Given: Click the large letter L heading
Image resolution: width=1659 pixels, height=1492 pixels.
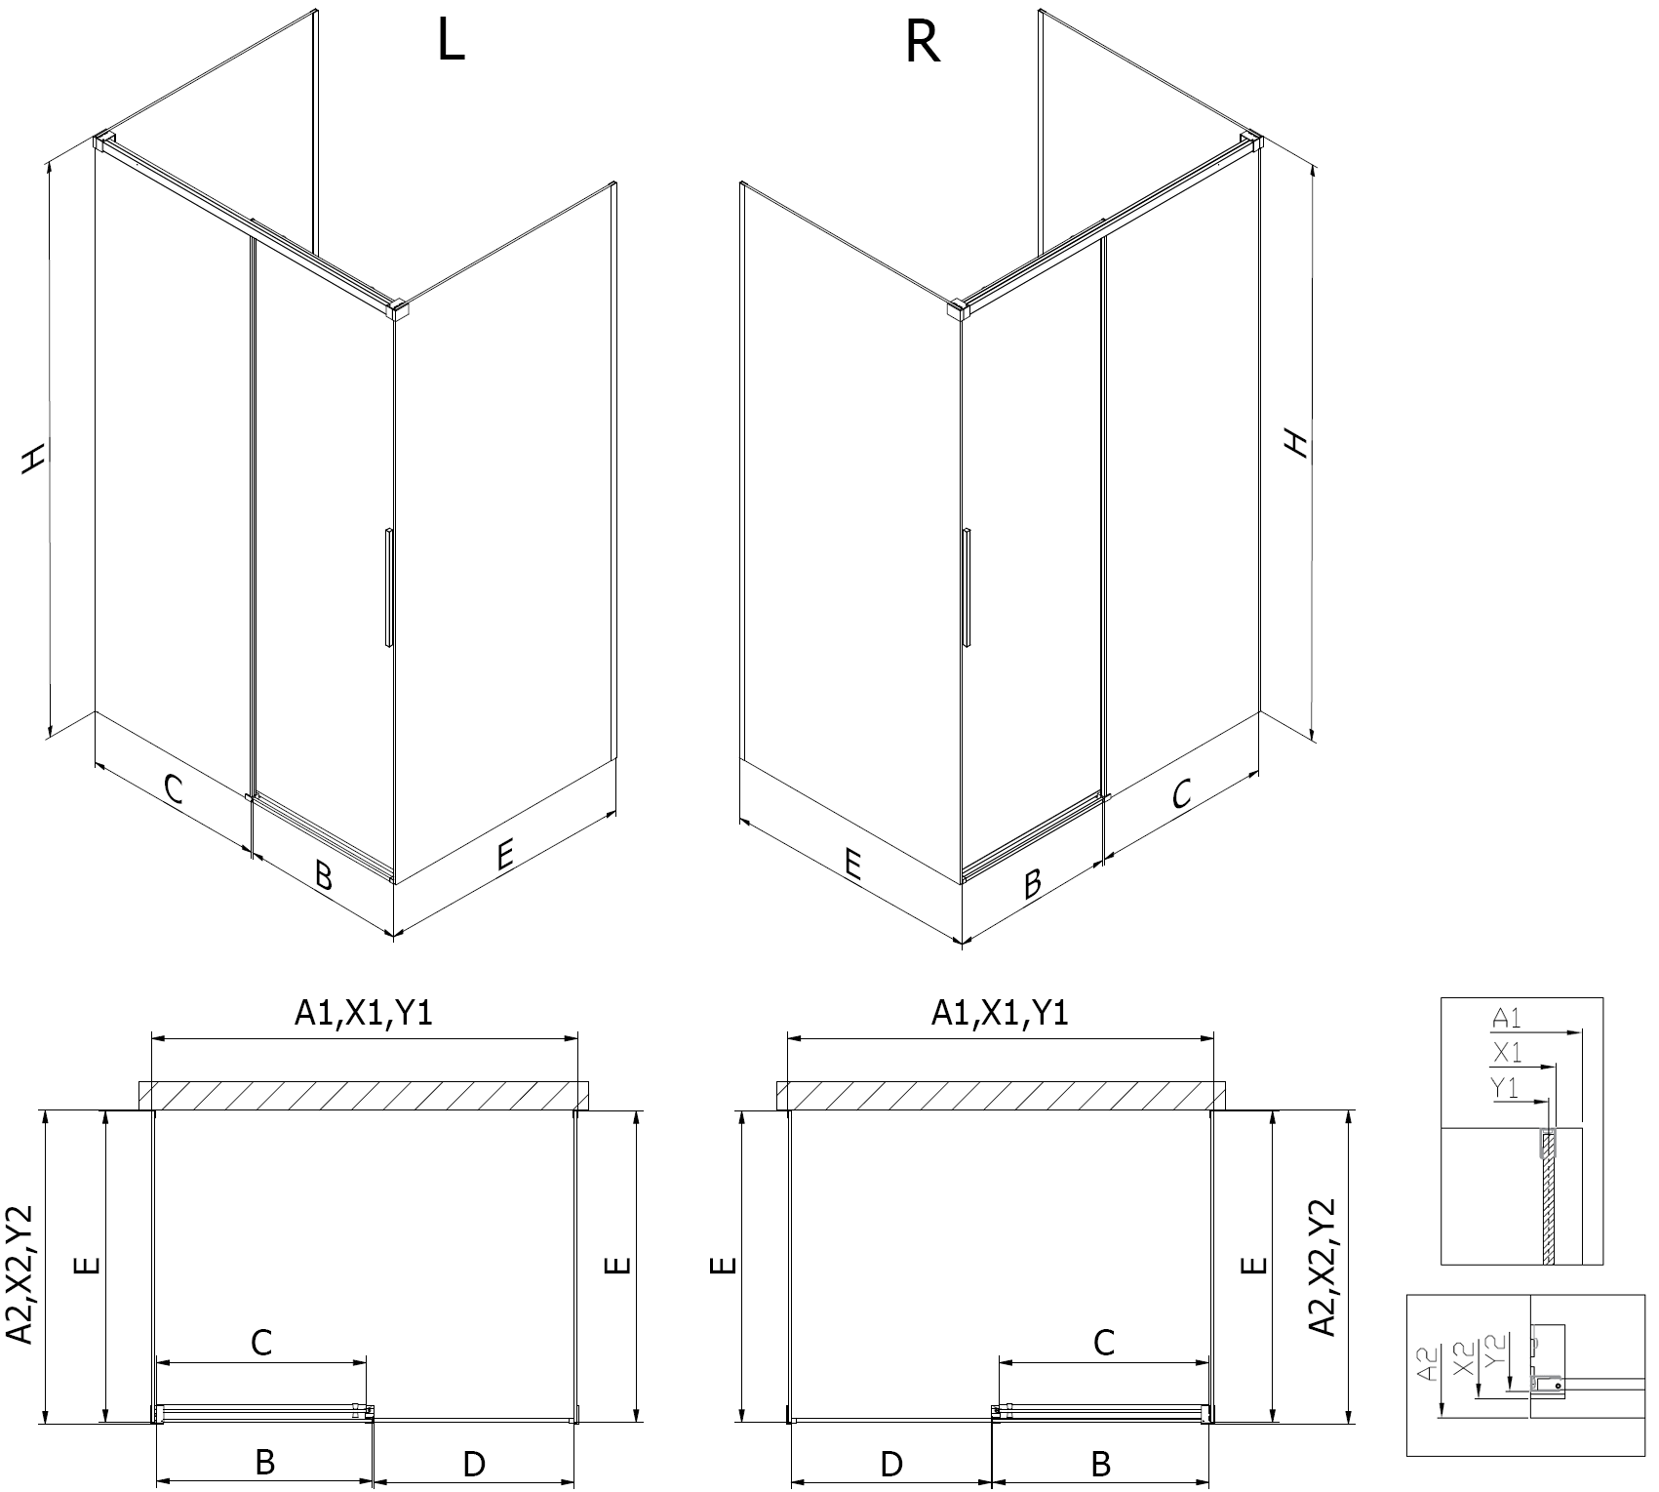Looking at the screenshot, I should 451,42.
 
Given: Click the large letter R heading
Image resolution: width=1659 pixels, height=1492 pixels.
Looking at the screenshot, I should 923,42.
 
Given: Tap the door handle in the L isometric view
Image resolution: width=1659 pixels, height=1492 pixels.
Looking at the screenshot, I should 389,587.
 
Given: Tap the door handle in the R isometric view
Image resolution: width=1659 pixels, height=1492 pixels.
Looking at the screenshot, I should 966,587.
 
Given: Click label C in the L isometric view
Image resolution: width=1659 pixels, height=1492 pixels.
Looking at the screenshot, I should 173,788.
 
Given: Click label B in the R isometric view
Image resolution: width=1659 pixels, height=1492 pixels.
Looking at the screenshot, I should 1032,883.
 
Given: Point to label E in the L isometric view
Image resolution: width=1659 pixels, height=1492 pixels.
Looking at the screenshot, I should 503,856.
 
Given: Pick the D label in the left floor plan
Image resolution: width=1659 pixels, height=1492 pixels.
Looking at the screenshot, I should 474,1463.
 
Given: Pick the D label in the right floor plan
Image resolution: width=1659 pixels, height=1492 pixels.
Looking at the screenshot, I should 890,1463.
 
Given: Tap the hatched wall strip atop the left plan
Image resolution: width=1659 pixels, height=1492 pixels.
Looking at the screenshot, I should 365,1096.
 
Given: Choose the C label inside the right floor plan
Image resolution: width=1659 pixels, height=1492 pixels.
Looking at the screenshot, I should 1103,1344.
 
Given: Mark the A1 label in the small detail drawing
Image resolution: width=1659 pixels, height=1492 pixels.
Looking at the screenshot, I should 1507,1019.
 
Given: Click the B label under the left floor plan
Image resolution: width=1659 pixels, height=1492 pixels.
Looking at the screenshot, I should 264,1462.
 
